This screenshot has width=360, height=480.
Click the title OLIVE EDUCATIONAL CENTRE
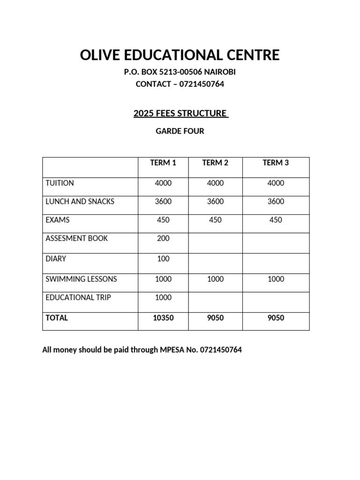[180, 55]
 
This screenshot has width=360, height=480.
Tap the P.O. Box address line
[180, 72]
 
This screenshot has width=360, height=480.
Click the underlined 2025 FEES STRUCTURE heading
[180, 113]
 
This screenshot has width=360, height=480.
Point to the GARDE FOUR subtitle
[180, 131]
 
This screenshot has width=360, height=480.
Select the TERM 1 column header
[163, 163]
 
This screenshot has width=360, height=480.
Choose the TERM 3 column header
[276, 163]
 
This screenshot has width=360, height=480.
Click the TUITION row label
[60, 183]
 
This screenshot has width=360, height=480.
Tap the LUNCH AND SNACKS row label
[80, 202]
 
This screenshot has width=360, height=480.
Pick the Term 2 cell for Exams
[215, 220]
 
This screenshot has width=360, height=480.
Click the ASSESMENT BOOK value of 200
[163, 238]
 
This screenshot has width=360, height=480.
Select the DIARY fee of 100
[163, 259]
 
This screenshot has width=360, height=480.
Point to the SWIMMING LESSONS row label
[81, 279]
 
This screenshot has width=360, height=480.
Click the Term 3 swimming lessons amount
[276, 279]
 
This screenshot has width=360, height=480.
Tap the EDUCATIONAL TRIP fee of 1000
[163, 297]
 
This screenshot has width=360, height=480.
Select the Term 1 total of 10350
[163, 318]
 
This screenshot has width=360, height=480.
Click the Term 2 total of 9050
[215, 318]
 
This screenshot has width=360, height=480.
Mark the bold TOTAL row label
[57, 318]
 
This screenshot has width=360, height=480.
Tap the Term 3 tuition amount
[276, 183]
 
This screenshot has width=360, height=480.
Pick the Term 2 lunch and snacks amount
[215, 202]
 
